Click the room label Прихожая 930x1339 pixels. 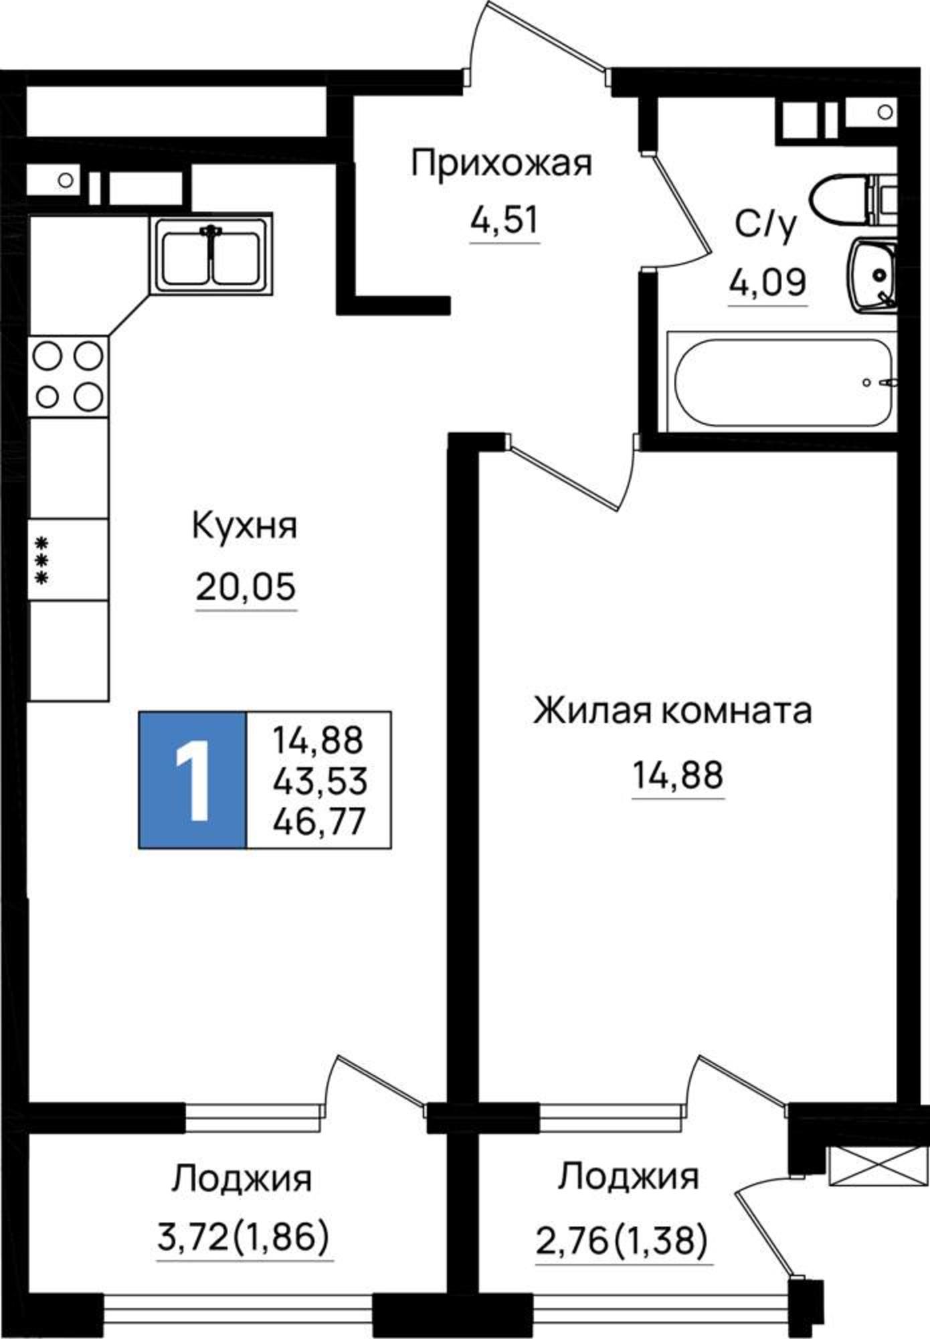pos(502,164)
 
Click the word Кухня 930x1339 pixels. pos(245,526)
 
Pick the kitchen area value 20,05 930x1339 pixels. pos(246,587)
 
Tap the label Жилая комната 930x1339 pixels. pos(673,711)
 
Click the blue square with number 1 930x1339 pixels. pos(193,781)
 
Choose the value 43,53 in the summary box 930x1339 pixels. pos(319,781)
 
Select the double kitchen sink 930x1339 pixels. pos(211,254)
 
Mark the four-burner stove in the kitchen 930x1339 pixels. pos(68,376)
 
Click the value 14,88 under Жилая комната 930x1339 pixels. pos(678,775)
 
